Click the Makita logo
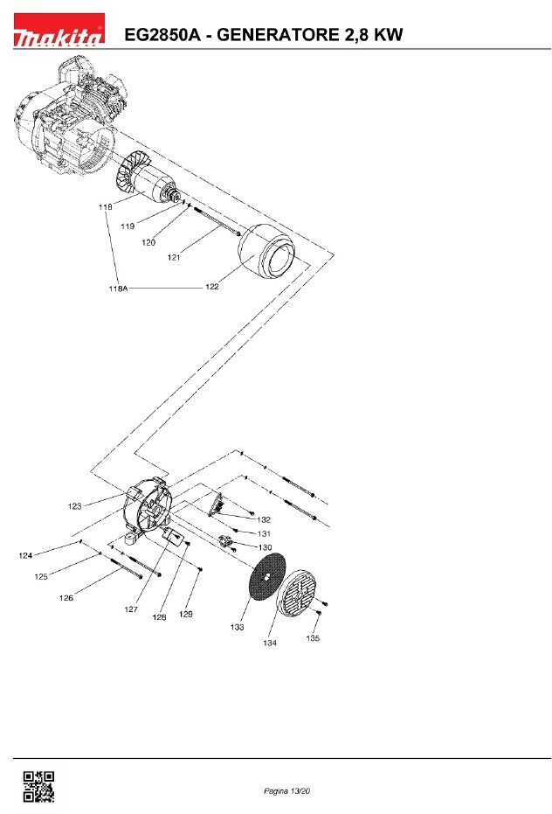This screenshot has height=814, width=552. (59, 31)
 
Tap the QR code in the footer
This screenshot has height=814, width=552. (38, 787)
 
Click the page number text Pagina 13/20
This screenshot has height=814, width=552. (286, 790)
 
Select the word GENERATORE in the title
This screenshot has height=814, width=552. (275, 35)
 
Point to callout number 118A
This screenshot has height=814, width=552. (118, 289)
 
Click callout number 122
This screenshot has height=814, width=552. (212, 287)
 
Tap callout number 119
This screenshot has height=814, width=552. (128, 226)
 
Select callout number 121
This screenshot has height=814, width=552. (174, 257)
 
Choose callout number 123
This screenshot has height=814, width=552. (75, 506)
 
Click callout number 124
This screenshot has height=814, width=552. (25, 555)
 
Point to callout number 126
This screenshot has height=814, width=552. (66, 598)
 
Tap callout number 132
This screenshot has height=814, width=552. (264, 519)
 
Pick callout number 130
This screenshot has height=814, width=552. (265, 547)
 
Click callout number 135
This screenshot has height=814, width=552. (313, 638)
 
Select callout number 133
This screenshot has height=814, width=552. (237, 627)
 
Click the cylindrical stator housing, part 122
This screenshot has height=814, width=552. (266, 252)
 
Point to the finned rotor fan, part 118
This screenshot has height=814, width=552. (131, 170)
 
